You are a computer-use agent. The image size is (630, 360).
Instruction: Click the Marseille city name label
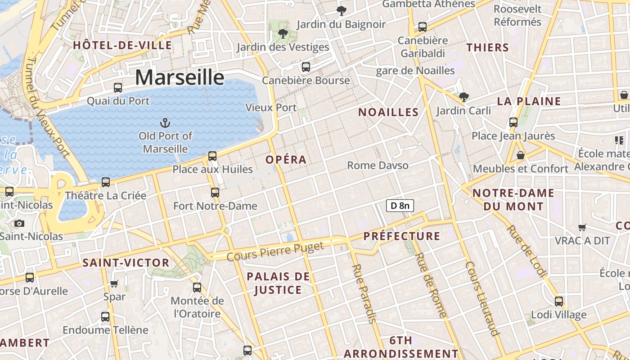coord(180,77)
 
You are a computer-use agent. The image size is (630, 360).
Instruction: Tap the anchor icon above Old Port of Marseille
coord(165,122)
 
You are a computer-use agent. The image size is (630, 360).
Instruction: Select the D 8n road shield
coord(400,206)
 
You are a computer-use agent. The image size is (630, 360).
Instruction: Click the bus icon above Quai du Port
coord(118,88)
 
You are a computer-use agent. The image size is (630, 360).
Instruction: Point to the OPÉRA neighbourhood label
coord(286,160)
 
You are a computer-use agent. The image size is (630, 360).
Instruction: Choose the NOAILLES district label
coord(388,112)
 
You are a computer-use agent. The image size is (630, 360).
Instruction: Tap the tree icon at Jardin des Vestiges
coord(283,33)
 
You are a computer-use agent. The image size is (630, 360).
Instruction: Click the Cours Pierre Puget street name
coord(275,252)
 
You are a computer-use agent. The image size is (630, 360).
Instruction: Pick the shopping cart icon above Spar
coord(114,283)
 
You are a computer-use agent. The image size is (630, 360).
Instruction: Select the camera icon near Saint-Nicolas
coord(19,223)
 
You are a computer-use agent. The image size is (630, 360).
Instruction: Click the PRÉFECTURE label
coord(401,236)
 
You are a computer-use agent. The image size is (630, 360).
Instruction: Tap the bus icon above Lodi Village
coord(558,301)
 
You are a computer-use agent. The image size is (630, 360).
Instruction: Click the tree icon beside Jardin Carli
coord(463,97)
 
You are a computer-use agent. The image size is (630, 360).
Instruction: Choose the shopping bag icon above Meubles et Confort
coord(521,156)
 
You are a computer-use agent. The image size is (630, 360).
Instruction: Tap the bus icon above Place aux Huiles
coord(212,156)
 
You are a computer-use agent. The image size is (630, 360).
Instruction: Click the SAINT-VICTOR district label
coord(126,263)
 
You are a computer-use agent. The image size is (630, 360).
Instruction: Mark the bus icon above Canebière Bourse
coord(306,67)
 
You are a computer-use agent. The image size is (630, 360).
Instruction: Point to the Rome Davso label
coord(378,166)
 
